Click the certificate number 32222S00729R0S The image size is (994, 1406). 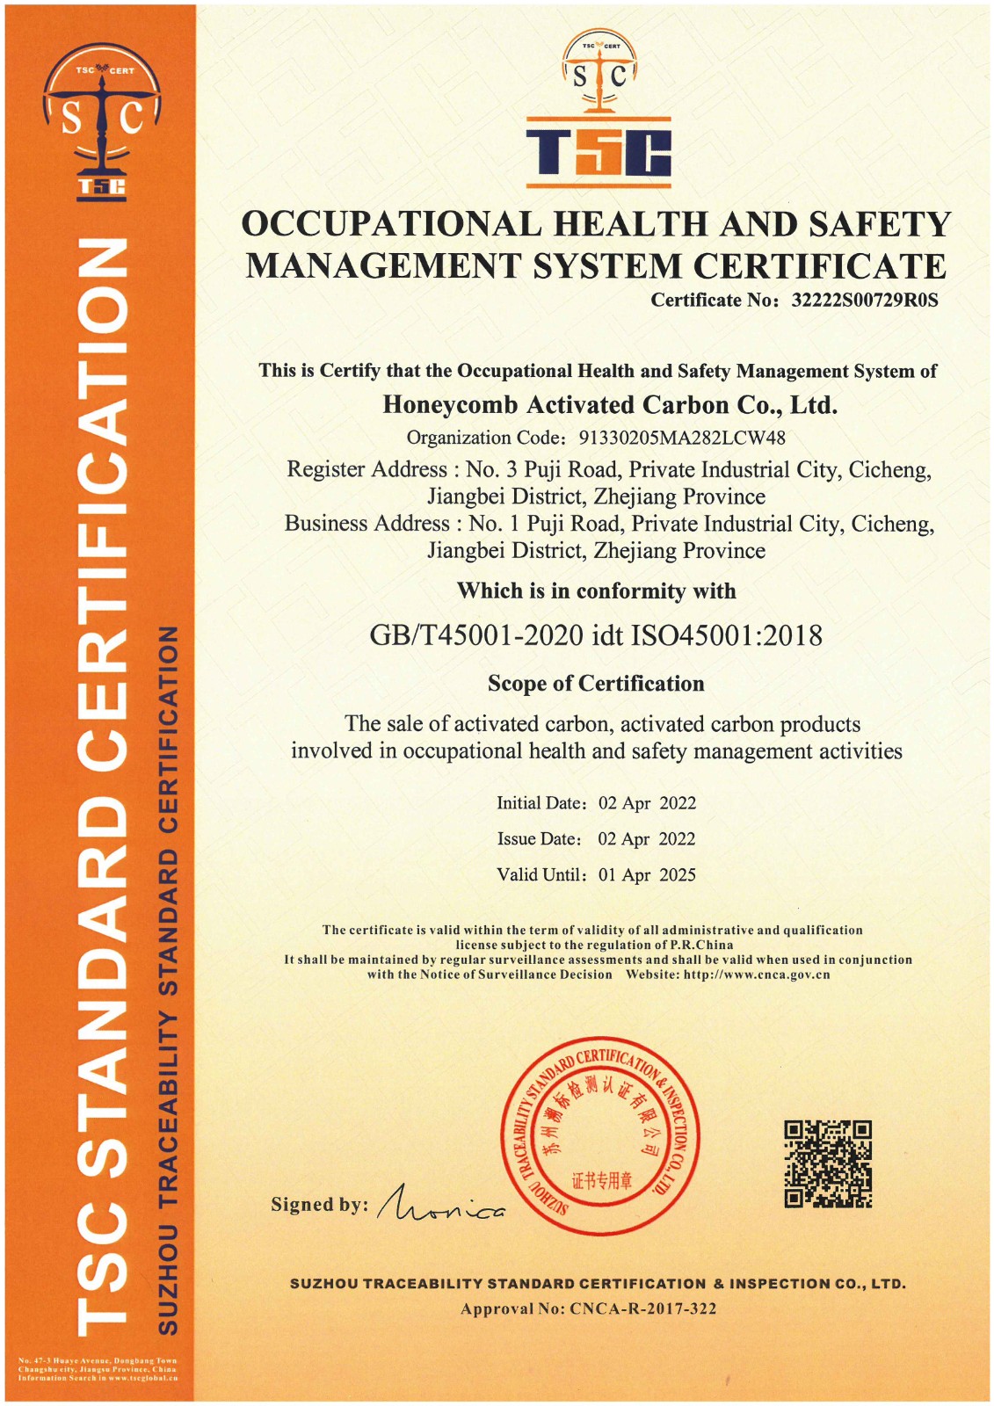865,301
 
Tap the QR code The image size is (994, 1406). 828,1163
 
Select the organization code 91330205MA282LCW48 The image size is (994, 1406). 682,438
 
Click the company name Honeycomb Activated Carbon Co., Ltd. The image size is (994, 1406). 610,405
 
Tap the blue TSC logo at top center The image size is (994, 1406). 599,152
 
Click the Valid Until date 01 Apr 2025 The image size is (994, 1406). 647,875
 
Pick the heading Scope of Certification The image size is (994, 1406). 596,684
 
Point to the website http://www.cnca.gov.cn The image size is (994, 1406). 757,975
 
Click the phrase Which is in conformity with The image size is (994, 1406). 596,591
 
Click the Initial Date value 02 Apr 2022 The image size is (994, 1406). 647,803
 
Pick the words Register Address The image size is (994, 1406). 367,470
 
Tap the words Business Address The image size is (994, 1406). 366,524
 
